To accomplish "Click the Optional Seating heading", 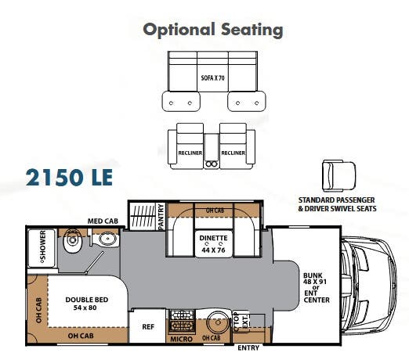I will point(212,30).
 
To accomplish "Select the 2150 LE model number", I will point(69,177).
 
